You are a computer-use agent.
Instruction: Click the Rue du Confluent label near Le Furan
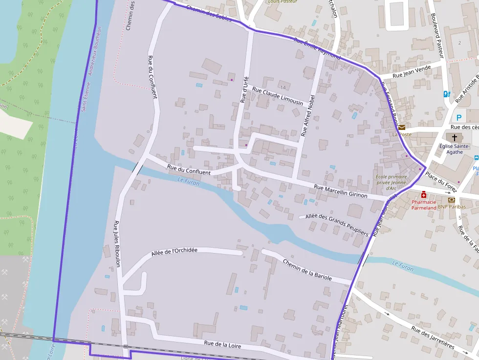coord(189,170)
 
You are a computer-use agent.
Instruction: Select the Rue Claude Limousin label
coord(278,96)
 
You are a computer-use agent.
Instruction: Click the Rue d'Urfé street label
coord(244,89)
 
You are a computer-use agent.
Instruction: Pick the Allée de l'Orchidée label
coord(174,252)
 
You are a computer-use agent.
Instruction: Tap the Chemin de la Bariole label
coord(307,270)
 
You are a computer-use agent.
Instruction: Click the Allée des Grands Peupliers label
coord(336,225)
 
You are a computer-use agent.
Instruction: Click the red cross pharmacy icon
coord(423,194)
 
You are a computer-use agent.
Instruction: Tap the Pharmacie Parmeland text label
coord(423,205)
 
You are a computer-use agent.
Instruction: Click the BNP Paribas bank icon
coord(451,200)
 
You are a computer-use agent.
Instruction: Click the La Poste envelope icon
coord(401,127)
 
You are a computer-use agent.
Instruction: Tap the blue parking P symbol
coord(458,117)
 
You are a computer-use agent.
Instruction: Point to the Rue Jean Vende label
coord(412,71)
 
